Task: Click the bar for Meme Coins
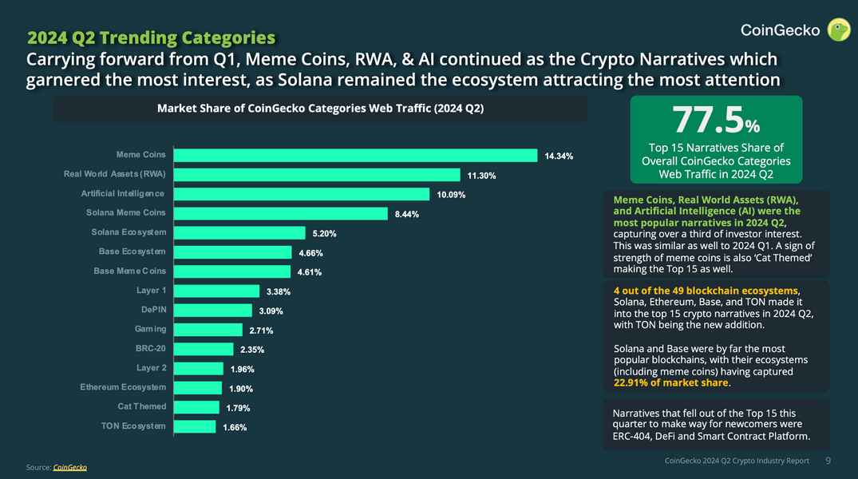pyautogui.click(x=355, y=155)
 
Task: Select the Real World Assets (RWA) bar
pyautogui.click(x=317, y=175)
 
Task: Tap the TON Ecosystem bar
pyautogui.click(x=194, y=426)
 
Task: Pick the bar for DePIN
pyautogui.click(x=212, y=310)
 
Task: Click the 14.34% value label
pyautogui.click(x=559, y=156)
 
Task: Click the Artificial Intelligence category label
pyautogui.click(x=123, y=194)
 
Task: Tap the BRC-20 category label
pyautogui.click(x=151, y=349)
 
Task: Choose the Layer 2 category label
pyautogui.click(x=152, y=368)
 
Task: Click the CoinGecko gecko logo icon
pyautogui.click(x=838, y=30)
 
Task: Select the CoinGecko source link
pyautogui.click(x=69, y=467)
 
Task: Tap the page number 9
pyautogui.click(x=828, y=461)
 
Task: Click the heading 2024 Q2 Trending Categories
pyautogui.click(x=152, y=38)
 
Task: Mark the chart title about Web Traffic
pyautogui.click(x=320, y=109)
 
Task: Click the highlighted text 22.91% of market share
pyautogui.click(x=670, y=382)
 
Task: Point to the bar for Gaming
pyautogui.click(x=208, y=330)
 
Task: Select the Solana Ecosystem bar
pyautogui.click(x=239, y=233)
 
